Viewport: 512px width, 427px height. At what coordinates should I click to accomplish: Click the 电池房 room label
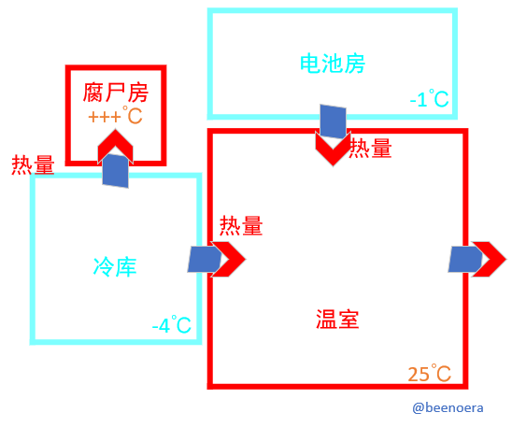(333, 64)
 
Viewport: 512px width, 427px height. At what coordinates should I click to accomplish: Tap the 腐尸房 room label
(116, 93)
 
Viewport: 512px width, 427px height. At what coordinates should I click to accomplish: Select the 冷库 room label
(115, 267)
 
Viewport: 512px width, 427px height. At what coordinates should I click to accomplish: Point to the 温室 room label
(337, 319)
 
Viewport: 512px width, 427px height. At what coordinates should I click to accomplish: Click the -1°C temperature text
(429, 98)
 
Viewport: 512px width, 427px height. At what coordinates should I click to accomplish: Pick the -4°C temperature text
(171, 324)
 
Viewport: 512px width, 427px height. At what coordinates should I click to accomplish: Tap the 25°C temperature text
(430, 373)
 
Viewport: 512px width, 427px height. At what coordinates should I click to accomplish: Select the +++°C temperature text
(115, 115)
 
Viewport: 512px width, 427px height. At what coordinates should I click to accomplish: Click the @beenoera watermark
(448, 407)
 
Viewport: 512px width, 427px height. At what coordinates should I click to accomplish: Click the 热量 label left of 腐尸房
(33, 164)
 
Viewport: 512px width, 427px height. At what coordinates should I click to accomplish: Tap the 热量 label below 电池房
(370, 149)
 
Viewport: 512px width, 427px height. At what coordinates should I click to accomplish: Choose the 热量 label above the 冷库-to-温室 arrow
(241, 225)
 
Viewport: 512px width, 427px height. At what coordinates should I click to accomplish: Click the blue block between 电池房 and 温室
(333, 121)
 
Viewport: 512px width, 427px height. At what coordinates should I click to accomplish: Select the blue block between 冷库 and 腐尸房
(115, 171)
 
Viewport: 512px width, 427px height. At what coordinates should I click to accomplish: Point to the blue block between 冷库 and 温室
(205, 260)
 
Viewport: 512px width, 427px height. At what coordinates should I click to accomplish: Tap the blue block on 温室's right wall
(465, 260)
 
